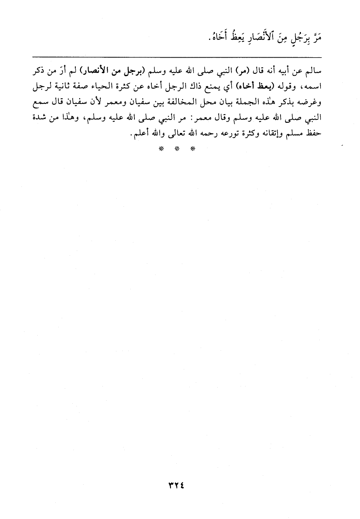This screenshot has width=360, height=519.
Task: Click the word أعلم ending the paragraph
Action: (x=139, y=134)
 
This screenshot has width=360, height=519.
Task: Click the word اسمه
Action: (x=313, y=86)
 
